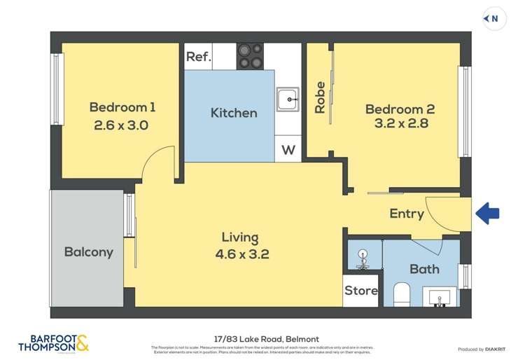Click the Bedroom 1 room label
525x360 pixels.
[x=122, y=107]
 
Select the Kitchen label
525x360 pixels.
[x=234, y=113]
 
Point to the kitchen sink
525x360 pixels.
[x=287, y=99]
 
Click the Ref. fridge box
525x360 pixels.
[x=198, y=57]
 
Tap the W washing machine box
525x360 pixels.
[x=288, y=150]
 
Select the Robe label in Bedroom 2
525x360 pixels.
[x=320, y=97]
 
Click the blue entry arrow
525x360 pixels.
[x=487, y=213]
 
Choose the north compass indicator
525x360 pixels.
[x=494, y=19]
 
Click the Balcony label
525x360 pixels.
[x=88, y=252]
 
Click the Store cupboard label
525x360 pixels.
[x=361, y=290]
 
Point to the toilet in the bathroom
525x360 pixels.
[x=402, y=295]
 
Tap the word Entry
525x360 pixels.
[x=407, y=214]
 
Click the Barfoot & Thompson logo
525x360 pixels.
[x=53, y=343]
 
